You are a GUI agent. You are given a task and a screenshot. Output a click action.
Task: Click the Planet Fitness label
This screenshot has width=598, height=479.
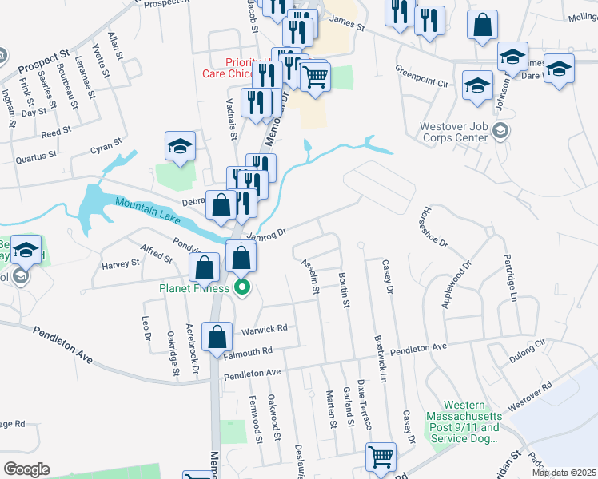[x=194, y=288]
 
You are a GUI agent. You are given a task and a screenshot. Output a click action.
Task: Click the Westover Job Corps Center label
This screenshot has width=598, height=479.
[x=453, y=132]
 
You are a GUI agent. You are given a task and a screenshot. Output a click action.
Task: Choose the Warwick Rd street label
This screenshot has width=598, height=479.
[x=264, y=329]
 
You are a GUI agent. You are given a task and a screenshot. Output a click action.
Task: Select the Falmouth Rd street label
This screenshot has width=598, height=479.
[x=249, y=350]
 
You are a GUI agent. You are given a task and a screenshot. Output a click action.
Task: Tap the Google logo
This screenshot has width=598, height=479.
[x=26, y=469]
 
